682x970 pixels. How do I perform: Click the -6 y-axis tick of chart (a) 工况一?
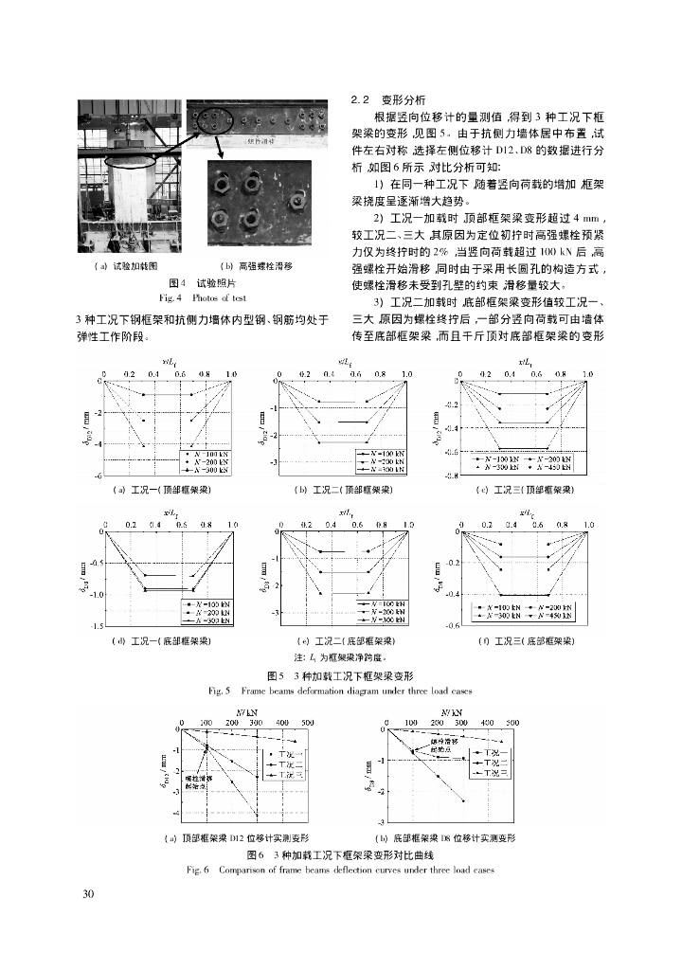coord(97,475)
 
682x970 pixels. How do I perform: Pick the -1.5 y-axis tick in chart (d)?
coord(94,626)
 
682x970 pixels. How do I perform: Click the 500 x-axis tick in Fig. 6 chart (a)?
coord(308,722)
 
